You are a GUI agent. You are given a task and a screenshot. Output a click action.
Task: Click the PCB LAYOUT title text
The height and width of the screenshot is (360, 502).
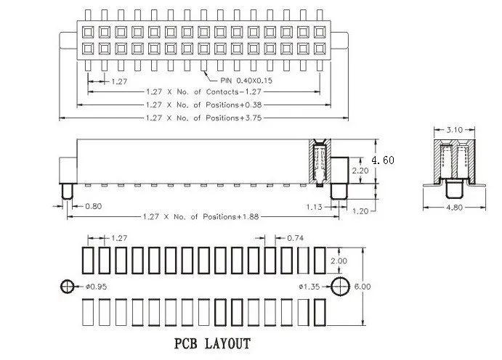coord(212,344)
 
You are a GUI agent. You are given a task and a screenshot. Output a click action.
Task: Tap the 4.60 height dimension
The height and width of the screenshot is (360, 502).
coord(383,160)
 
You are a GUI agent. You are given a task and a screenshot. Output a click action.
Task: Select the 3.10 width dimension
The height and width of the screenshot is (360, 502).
coord(454,129)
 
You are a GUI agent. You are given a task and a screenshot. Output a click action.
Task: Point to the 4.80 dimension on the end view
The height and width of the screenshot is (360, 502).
coord(454,208)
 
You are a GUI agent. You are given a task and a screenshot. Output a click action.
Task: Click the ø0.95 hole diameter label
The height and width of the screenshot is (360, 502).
coord(96,287)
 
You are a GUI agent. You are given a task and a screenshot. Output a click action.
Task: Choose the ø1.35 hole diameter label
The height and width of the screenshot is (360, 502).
coord(309,287)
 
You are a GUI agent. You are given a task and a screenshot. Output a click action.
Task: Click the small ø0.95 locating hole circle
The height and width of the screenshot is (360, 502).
coord(68,287)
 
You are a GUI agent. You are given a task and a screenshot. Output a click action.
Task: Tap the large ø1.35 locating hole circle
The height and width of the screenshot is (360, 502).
coord(340,286)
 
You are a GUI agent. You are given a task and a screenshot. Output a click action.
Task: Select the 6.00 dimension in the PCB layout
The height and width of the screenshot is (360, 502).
coord(363,287)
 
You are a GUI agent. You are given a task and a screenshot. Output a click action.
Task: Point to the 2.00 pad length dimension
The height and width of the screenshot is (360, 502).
coord(339,261)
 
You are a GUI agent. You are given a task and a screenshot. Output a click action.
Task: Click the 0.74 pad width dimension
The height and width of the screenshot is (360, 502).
coord(296,238)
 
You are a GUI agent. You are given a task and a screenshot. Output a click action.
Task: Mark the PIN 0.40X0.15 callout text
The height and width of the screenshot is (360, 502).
coord(246,81)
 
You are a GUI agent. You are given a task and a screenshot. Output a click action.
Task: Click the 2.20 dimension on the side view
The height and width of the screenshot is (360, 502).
coord(360,171)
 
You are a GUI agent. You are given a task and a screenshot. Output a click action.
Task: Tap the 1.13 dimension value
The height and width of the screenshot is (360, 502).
coord(314,207)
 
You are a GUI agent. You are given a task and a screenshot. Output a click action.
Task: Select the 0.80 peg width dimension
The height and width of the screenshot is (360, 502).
coord(94,206)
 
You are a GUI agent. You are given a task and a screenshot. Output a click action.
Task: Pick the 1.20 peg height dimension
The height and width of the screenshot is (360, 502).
coord(360,211)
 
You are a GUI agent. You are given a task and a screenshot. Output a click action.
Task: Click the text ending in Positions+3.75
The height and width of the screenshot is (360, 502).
coord(204,118)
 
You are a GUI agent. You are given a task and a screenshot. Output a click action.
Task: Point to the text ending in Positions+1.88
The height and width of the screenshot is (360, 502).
coord(201,217)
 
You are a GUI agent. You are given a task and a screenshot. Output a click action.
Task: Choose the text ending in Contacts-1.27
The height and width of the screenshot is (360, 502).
coord(204,91)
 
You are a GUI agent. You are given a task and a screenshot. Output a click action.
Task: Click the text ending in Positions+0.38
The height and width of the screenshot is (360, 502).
coord(204,105)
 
